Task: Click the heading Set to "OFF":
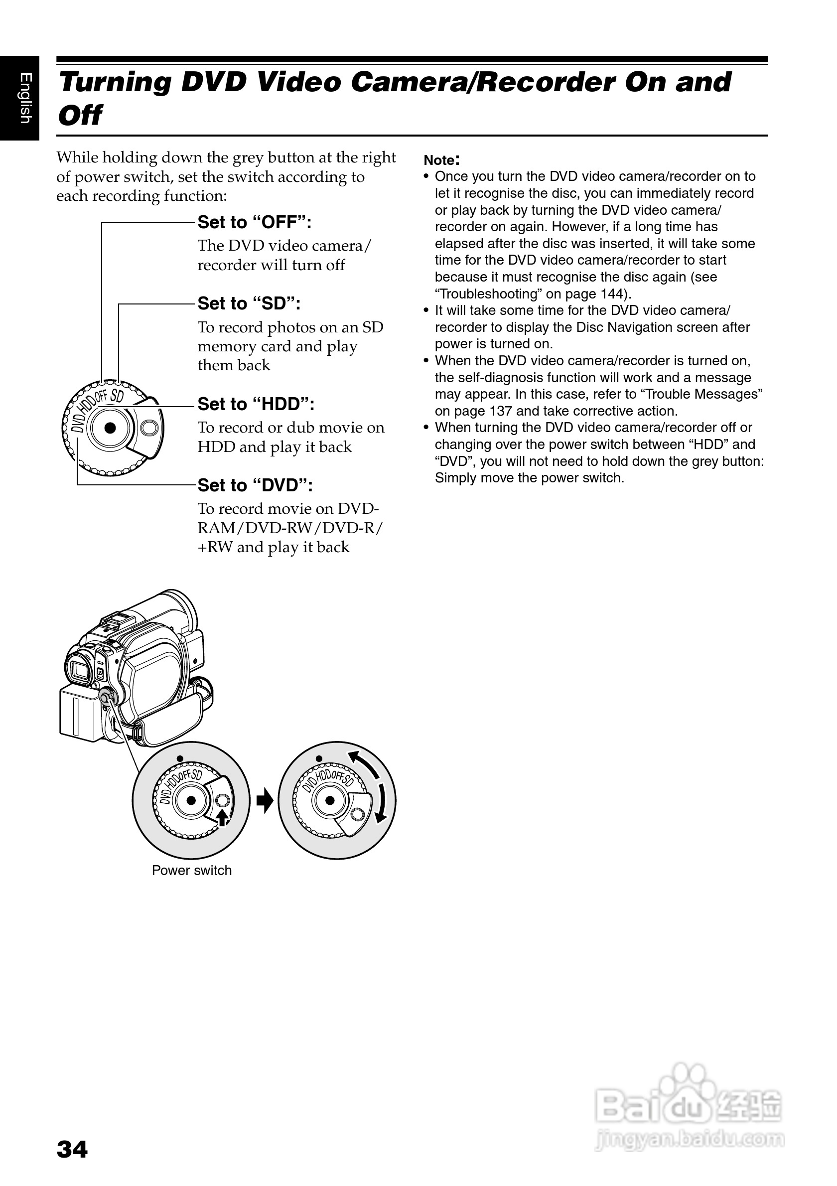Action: (255, 223)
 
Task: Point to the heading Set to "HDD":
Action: (256, 404)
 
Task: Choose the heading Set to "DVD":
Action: (255, 485)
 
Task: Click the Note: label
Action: (441, 159)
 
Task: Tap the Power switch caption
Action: (192, 871)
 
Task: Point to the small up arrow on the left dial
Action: (222, 818)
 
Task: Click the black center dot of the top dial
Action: (110, 428)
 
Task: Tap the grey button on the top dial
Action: (150, 428)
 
